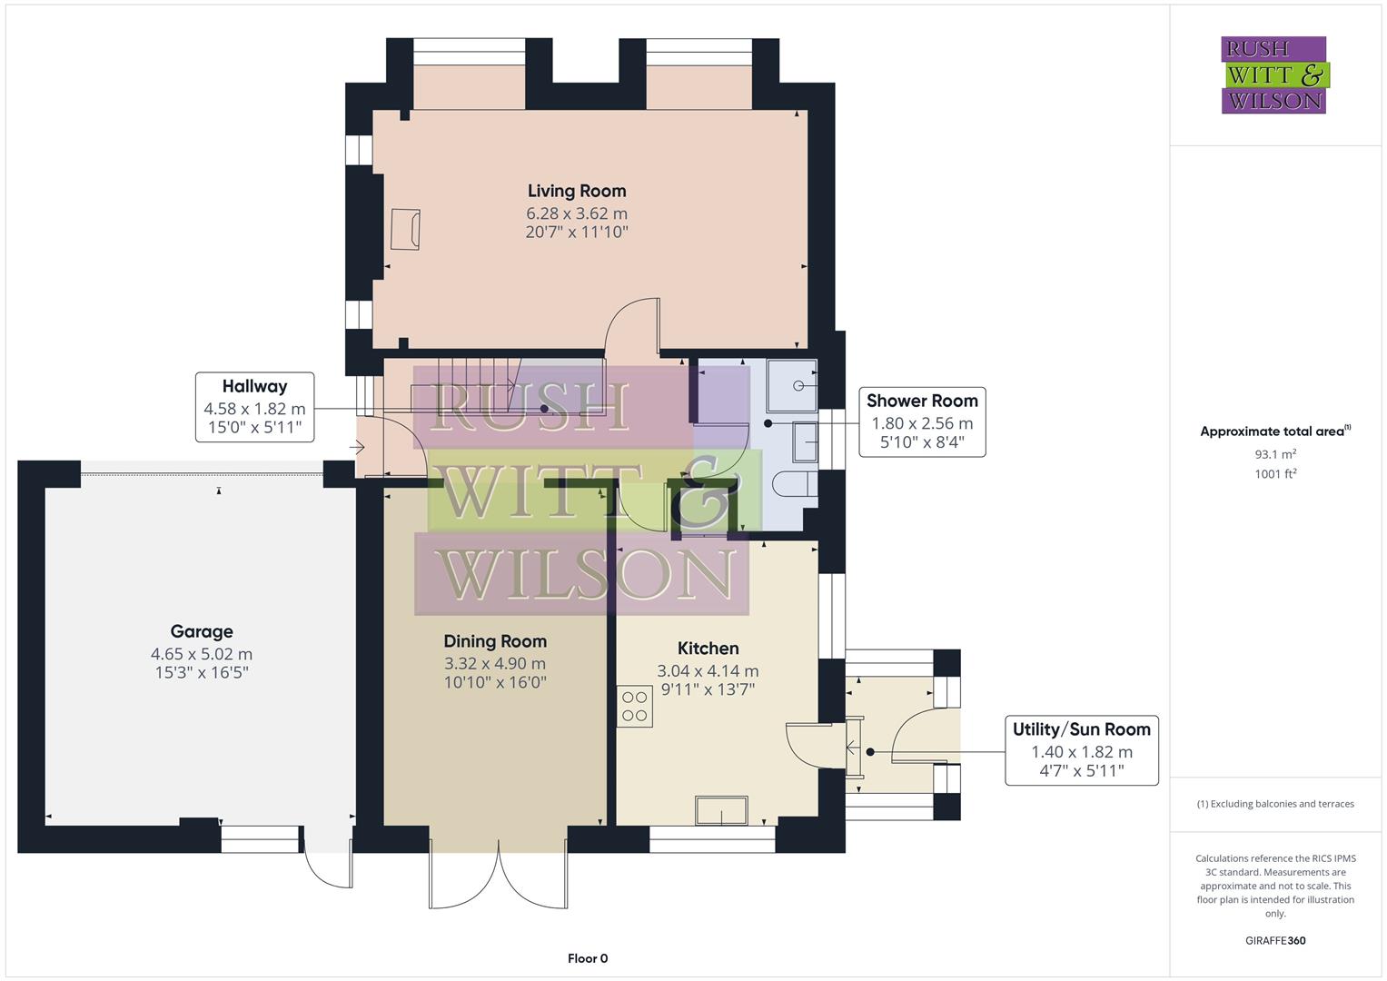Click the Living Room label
(577, 191)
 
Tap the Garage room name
(202, 631)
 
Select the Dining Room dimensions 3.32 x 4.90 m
(495, 664)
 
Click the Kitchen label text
(708, 649)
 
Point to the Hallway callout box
(255, 407)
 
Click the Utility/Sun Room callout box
(1081, 750)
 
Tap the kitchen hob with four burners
(635, 707)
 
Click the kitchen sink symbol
(721, 810)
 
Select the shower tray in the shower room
(793, 385)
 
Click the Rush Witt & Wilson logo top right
(1274, 74)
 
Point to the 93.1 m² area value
(1274, 454)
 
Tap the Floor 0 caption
(588, 958)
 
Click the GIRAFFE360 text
(1274, 941)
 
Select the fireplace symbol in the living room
(405, 229)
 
